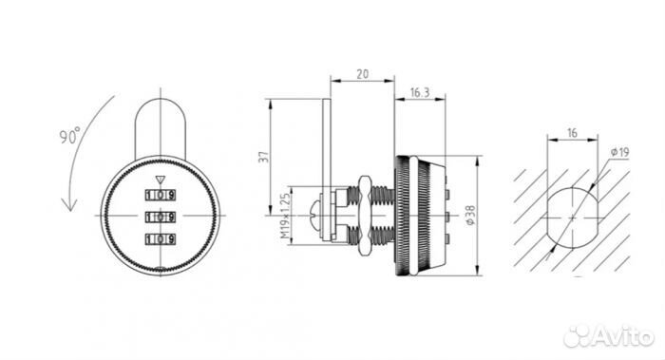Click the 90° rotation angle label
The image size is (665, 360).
click(x=69, y=135)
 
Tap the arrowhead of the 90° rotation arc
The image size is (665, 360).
click(x=69, y=204)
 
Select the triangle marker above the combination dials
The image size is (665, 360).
click(x=160, y=180)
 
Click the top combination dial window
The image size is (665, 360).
click(x=161, y=195)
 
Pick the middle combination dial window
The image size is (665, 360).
click(x=161, y=218)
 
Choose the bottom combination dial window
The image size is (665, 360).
click(x=161, y=239)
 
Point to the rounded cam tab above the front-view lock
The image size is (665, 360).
click(x=161, y=127)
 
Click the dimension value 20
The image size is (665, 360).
click(x=362, y=74)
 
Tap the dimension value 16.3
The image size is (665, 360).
click(x=420, y=92)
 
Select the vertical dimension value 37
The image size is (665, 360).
click(x=265, y=157)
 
